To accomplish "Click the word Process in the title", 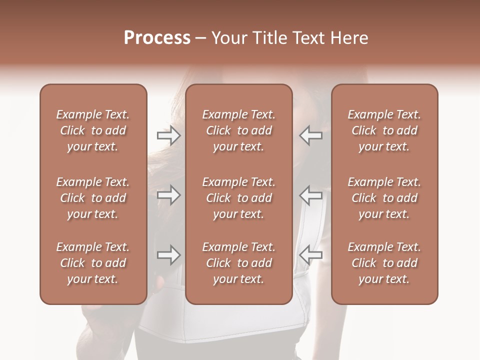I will click(x=157, y=38).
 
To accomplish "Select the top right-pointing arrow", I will click(x=168, y=135).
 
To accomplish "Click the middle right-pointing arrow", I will click(x=168, y=195).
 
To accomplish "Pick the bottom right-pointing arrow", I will click(x=168, y=255).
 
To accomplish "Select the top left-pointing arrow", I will click(x=311, y=135).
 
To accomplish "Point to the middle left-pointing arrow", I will click(x=311, y=195).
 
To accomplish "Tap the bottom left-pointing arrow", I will click(x=311, y=255).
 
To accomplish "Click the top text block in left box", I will click(x=93, y=130).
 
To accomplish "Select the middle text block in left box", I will click(x=93, y=198).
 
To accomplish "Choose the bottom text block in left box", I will click(x=93, y=263).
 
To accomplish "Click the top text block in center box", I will click(x=238, y=130).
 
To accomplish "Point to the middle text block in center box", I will click(x=238, y=198).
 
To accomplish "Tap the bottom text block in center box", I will click(x=238, y=263).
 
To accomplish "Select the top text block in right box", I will click(x=384, y=130).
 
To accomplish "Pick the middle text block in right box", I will click(x=384, y=198).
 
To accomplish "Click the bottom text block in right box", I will click(x=384, y=263).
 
